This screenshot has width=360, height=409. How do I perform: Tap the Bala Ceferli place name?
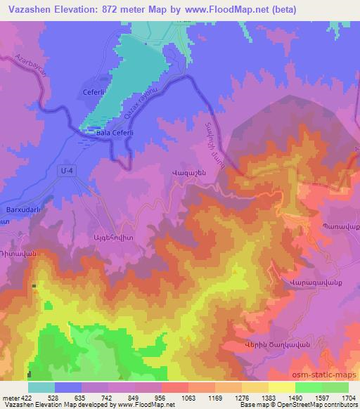98,132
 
